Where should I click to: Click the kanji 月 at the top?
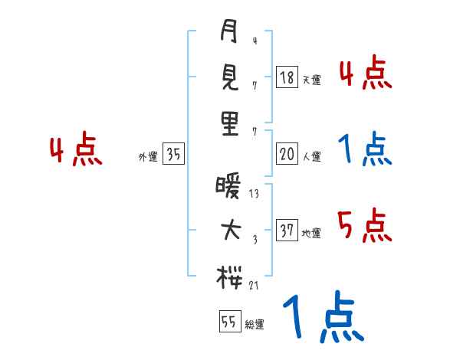coord(229,32)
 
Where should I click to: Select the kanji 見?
coord(229,77)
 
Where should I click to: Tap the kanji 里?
coord(230,123)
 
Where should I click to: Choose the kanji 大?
coord(230,231)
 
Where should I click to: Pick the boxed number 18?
coord(287,77)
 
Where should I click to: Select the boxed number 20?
coord(287,154)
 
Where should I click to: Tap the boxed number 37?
coord(287,231)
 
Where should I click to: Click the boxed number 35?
coord(173,154)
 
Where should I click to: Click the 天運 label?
coord(311,80)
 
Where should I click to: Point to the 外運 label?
coord(148,157)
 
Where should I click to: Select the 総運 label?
coord(254,325)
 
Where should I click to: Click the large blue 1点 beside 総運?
coord(322,316)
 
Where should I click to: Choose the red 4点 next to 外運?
coord(76,150)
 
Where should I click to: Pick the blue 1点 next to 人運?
coord(364,150)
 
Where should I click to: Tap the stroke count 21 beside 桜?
coord(255,285)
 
